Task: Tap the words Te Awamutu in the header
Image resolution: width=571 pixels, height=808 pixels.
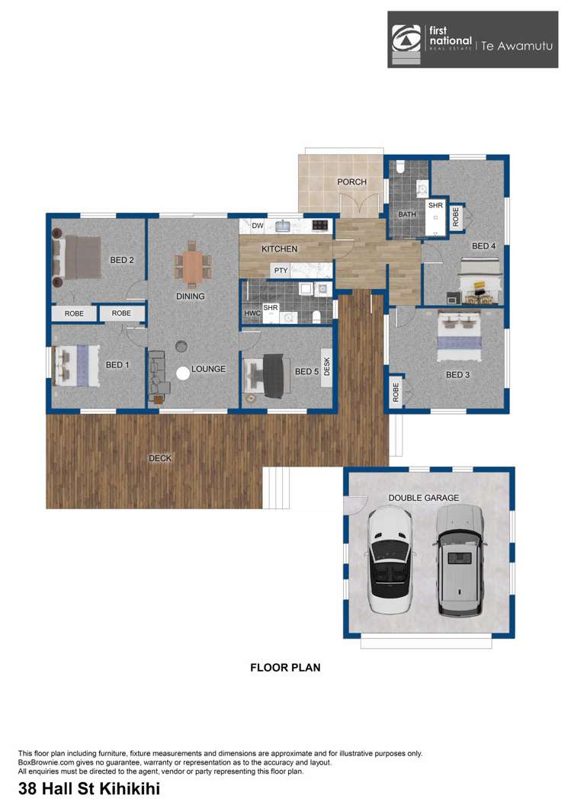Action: [x=515, y=46]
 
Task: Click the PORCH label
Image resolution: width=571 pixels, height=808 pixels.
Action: [x=351, y=182]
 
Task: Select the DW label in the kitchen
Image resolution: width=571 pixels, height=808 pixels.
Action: [x=257, y=226]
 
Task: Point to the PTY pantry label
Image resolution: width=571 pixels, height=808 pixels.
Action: [x=281, y=271]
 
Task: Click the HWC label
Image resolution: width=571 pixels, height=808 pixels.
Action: [x=252, y=313]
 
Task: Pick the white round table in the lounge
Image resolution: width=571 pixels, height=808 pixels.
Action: [x=183, y=374]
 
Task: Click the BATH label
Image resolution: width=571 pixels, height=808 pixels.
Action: [x=407, y=215]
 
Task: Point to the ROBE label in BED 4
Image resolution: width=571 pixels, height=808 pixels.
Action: [x=456, y=217]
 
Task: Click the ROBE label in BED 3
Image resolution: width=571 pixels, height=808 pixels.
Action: [x=396, y=392]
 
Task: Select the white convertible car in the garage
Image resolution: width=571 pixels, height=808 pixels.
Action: [x=390, y=560]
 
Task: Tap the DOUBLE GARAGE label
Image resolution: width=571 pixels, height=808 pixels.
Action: [x=424, y=498]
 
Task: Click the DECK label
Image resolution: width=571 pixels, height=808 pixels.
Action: [x=160, y=458]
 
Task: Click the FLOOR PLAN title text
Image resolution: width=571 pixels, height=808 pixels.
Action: [x=285, y=668]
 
